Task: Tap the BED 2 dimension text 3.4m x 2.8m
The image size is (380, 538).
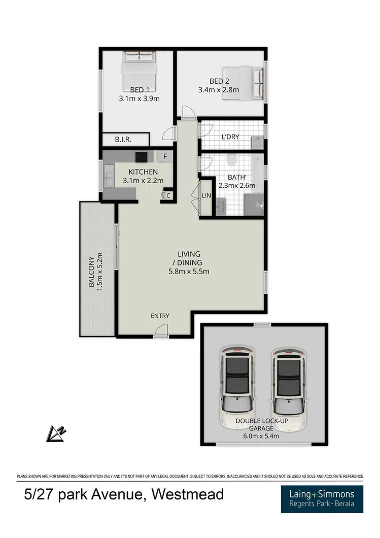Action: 218,90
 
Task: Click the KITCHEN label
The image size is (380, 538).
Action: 143,172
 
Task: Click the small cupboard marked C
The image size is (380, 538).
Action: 167,195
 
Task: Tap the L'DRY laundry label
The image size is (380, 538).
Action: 230,137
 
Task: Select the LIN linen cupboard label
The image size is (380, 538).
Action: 206,195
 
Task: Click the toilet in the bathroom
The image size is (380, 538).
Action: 232,160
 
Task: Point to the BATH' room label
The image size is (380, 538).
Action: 237,177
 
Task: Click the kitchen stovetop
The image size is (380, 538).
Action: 141,156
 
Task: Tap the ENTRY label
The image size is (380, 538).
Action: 160,316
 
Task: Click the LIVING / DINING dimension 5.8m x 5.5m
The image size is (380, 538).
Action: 189,271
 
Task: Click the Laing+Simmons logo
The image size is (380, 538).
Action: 322,498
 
